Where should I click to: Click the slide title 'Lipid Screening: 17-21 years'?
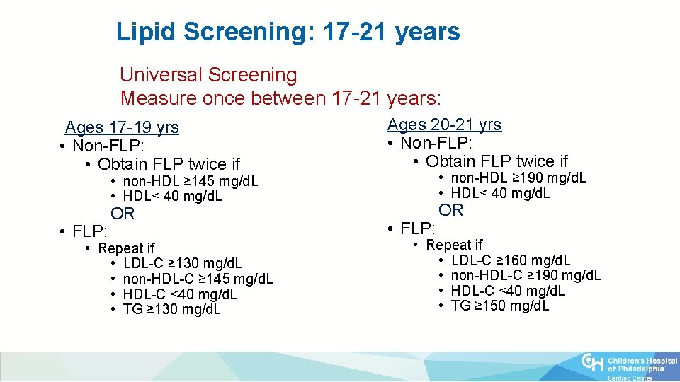pyautogui.click(x=288, y=32)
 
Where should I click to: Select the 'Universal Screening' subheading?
pyautogui.click(x=208, y=74)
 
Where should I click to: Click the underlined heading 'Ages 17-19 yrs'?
pyautogui.click(x=122, y=127)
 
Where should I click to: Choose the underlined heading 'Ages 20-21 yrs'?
pyautogui.click(x=444, y=125)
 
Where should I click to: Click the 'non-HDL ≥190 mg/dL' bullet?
pyautogui.click(x=518, y=178)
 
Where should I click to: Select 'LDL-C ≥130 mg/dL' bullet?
pyautogui.click(x=182, y=264)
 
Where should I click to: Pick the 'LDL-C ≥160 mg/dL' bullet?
pyautogui.click(x=510, y=260)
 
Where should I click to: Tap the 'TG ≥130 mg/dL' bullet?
pyautogui.click(x=171, y=309)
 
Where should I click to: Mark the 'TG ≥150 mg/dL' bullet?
pyautogui.click(x=499, y=306)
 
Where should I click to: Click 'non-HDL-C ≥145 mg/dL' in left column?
pyautogui.click(x=198, y=279)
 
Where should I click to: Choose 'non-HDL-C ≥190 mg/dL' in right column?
pyautogui.click(x=526, y=275)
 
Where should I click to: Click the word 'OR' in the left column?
pyautogui.click(x=123, y=214)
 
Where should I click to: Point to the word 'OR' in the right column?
pyautogui.click(x=450, y=210)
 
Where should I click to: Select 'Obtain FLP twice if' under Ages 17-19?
pyautogui.click(x=169, y=164)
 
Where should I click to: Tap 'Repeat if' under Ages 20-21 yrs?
pyautogui.click(x=454, y=245)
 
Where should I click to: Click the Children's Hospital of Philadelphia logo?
pyautogui.click(x=628, y=365)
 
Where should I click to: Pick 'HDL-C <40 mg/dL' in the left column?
pyautogui.click(x=180, y=294)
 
